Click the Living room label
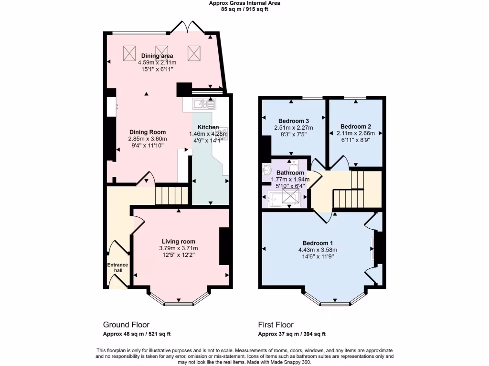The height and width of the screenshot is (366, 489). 178,242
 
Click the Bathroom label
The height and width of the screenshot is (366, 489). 290,173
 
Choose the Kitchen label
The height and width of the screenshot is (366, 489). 208,127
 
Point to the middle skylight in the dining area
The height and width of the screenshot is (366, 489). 161,53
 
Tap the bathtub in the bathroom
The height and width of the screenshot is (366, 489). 284,197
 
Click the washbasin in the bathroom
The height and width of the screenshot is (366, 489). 266,170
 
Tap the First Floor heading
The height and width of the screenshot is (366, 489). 276,325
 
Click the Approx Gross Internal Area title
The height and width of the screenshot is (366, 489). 244,3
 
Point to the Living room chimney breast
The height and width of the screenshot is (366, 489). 223,246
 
